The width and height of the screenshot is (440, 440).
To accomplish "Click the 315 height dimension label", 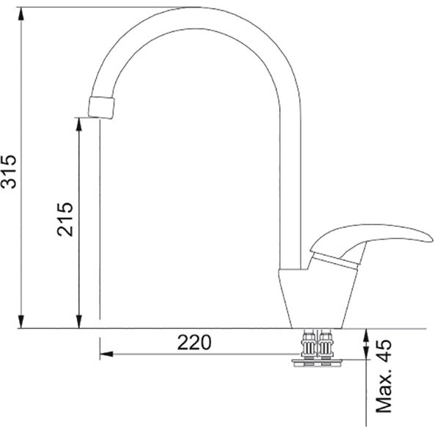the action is tap(9, 171).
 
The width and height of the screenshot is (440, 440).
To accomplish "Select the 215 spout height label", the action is tap(65, 219).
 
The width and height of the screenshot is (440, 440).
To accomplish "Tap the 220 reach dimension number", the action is tap(194, 342).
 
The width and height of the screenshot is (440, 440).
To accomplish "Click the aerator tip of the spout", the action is tap(101, 108).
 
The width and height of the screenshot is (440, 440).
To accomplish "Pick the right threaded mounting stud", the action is tap(326, 345).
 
